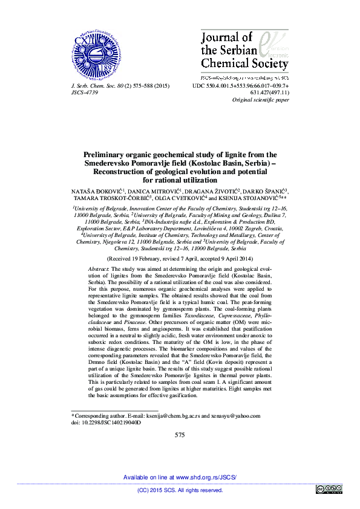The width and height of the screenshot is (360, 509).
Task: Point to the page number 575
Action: [x=180, y=435]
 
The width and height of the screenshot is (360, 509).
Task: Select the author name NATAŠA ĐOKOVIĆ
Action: [x=97, y=190]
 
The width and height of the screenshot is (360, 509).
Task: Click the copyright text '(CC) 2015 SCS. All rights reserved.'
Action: [x=180, y=490]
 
